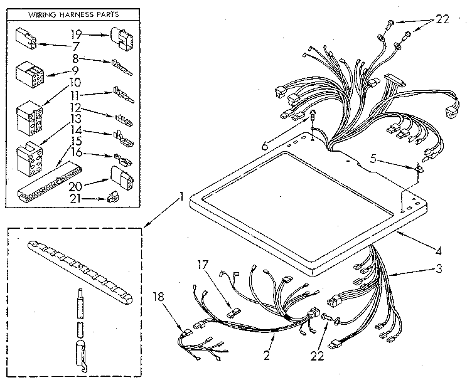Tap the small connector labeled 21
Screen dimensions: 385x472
[x=112, y=197]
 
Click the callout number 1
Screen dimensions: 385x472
[x=181, y=196]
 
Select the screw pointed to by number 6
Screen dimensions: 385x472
[x=312, y=115]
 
